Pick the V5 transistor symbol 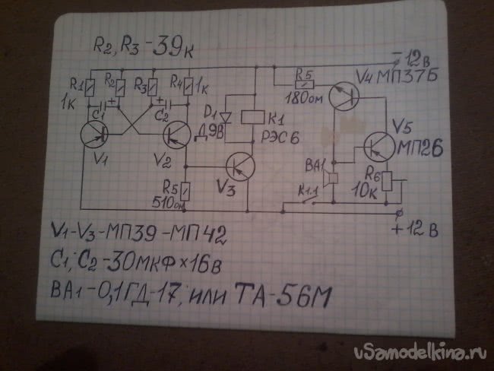tap(378, 144)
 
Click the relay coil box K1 tap(252, 116)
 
